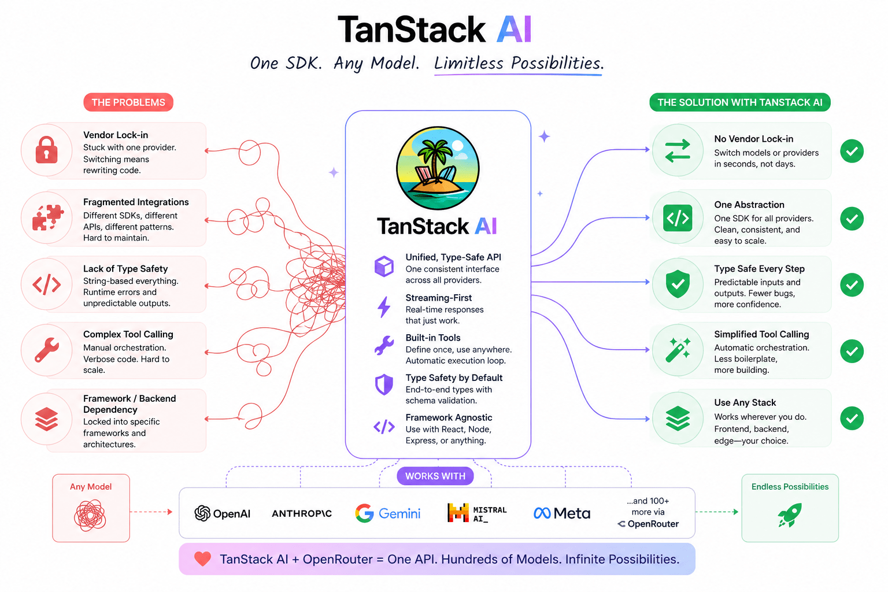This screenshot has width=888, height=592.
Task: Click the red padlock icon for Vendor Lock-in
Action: coord(46,150)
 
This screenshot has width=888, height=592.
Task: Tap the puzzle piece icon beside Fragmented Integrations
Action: coord(47,218)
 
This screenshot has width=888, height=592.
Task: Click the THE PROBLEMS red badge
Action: coord(128,102)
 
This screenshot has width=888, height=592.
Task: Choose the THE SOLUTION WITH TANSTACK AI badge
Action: coord(739,102)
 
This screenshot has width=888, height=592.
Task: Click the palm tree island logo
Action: coord(438,168)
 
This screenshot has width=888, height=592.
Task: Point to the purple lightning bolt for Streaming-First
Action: coord(384,307)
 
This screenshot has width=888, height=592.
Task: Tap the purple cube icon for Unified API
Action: coord(384,267)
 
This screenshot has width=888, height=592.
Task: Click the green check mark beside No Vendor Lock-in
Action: coord(852,151)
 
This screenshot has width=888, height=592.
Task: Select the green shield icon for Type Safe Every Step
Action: coord(678,284)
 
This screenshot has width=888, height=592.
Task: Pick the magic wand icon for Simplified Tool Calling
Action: coord(678,350)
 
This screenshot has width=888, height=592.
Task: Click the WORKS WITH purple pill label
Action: coord(435,476)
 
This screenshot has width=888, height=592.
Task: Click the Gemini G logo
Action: coord(364,513)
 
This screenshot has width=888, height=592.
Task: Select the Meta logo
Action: coord(562,513)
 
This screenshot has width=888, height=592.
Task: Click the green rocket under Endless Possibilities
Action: coord(790,515)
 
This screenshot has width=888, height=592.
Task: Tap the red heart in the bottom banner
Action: coord(202,559)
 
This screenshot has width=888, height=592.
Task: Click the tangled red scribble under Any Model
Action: coord(90,516)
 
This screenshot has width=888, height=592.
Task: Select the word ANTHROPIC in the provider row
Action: coord(302,513)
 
